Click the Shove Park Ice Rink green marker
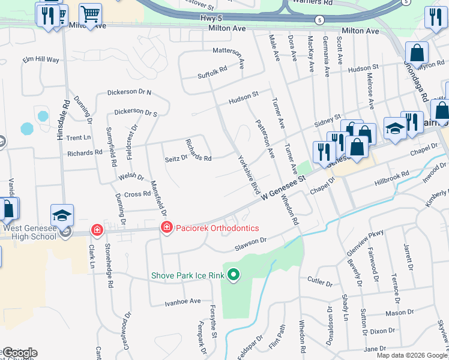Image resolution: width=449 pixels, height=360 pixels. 234,276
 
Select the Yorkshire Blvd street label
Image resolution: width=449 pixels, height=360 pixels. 249,175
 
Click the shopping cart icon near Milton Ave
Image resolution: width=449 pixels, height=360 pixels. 90,14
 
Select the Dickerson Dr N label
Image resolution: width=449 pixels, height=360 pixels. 129,93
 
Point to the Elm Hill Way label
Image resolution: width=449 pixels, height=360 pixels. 41,60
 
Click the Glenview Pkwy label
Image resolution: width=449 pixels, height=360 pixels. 356,249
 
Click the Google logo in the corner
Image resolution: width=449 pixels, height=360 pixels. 20,352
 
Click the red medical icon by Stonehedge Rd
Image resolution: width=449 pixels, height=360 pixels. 97,230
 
